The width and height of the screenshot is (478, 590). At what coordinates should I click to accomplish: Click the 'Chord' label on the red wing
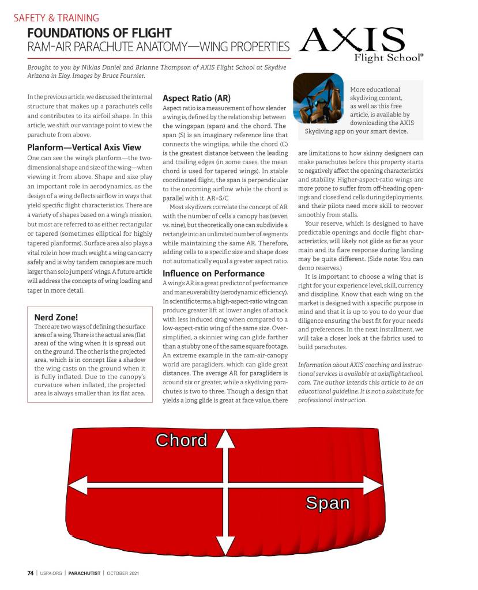point(182,440)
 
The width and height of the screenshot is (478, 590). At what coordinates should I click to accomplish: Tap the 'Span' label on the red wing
point(328,503)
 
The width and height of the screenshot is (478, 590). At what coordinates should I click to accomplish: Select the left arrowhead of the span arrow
point(78,489)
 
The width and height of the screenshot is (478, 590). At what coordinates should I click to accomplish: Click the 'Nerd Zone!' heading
point(56,317)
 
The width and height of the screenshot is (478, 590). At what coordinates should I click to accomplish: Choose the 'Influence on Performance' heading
point(213,273)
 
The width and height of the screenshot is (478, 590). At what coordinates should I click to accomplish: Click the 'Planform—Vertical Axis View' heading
point(84,147)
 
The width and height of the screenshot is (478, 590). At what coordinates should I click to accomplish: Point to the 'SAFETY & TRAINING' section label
point(56,18)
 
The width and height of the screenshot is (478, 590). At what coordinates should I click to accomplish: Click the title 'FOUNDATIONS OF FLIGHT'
point(99,33)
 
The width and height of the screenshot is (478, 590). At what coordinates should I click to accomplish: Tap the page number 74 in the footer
point(31,573)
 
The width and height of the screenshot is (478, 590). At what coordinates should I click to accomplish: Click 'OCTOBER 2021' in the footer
point(123,573)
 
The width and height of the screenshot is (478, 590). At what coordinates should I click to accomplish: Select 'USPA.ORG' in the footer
point(51,573)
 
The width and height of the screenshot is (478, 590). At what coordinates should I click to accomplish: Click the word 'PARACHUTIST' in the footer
point(84,573)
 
